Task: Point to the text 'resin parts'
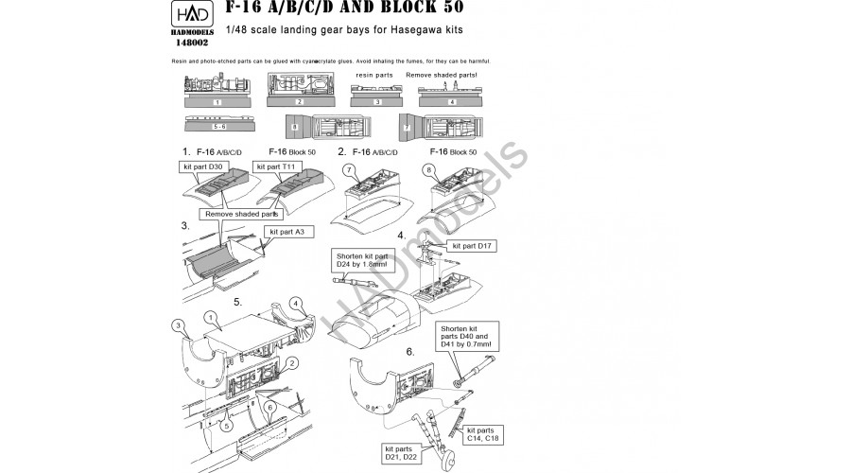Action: click(x=374, y=73)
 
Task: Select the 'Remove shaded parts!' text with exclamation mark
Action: click(x=442, y=73)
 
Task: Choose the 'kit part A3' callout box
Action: click(x=290, y=232)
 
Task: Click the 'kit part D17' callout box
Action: click(x=474, y=245)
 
